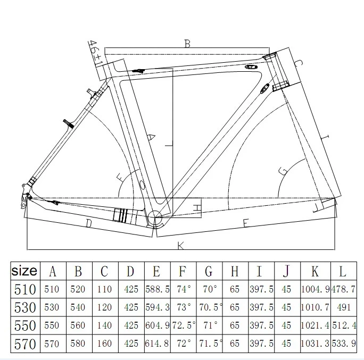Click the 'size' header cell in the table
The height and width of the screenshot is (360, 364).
(x=24, y=271)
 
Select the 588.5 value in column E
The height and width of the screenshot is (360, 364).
(x=156, y=290)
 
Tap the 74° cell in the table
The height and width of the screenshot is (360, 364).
(x=183, y=290)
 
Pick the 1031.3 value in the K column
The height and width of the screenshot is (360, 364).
(x=315, y=344)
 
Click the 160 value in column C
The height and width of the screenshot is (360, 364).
(x=104, y=344)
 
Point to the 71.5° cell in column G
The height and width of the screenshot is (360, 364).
(x=209, y=344)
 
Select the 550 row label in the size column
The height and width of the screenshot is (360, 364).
(x=24, y=325)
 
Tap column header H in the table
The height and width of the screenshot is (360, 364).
(x=235, y=271)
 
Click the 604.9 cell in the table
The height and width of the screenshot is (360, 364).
(x=156, y=325)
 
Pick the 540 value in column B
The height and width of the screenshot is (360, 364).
(x=78, y=308)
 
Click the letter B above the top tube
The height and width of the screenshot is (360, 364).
(x=187, y=44)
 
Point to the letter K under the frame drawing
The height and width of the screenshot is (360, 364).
(x=180, y=245)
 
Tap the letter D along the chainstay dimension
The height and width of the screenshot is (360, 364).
(x=88, y=225)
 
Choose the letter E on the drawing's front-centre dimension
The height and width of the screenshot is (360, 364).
(x=246, y=223)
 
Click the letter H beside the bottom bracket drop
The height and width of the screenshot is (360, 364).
(x=197, y=206)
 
